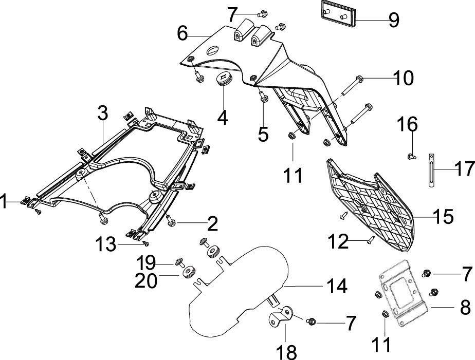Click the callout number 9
pyautogui.click(x=393, y=20)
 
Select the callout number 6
pyautogui.click(x=183, y=33)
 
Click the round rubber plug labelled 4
pyautogui.click(x=223, y=79)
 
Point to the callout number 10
pyautogui.click(x=404, y=78)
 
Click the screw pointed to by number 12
pyautogui.click(x=371, y=240)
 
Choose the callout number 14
pyautogui.click(x=337, y=286)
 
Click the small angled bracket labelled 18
pyautogui.click(x=281, y=316)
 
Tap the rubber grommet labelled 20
pyautogui.click(x=190, y=271)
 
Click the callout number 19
pyautogui.click(x=147, y=262)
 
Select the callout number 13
pyautogui.click(x=106, y=244)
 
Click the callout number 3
pyautogui.click(x=103, y=113)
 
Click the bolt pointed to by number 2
pyautogui.click(x=171, y=221)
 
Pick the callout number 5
pyautogui.click(x=263, y=134)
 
